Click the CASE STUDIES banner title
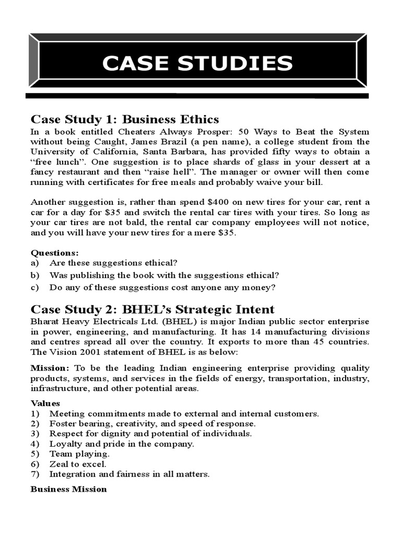197,63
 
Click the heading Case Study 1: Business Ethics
125,119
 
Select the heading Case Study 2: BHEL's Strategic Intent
152,309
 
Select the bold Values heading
45,403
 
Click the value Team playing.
79,454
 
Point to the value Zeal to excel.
77,464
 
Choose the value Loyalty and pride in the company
121,444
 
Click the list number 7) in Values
36,474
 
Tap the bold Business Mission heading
68,489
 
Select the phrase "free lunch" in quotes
51,162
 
